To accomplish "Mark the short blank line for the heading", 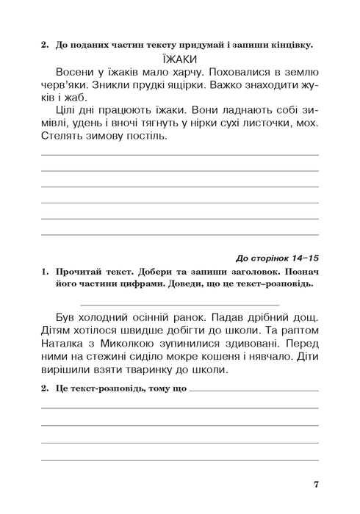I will click(x=179, y=303).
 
